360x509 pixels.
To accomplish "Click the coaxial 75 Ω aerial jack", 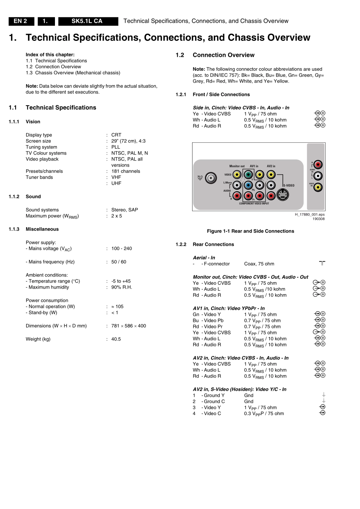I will (x=211, y=178).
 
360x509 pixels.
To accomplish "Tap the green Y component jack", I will (x=248, y=175).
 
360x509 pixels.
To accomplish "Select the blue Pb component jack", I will (x=248, y=185).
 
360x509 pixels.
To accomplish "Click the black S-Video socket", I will (x=283, y=195).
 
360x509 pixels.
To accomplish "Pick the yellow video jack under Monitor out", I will (x=237, y=175).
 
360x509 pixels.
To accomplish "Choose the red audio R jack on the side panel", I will (x=318, y=165).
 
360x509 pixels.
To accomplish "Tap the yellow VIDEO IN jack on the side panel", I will (x=318, y=187).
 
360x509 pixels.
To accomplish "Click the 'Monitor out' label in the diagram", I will (x=237, y=166).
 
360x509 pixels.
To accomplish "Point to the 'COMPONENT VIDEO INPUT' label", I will (x=254, y=204).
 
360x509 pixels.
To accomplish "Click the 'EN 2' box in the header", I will (x=20, y=21).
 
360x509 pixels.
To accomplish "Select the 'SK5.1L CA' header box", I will (x=87, y=21).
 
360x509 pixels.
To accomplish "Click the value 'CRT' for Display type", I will (x=116, y=135).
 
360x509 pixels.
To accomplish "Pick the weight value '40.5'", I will (x=116, y=339).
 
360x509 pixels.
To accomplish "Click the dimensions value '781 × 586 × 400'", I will (x=128, y=326).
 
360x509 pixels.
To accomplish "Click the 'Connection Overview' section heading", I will (x=223, y=55).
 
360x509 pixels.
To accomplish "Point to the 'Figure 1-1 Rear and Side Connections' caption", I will (x=250, y=231).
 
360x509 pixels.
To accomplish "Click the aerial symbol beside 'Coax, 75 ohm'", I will (x=322, y=263).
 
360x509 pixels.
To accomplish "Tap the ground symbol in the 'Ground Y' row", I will (x=323, y=395).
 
